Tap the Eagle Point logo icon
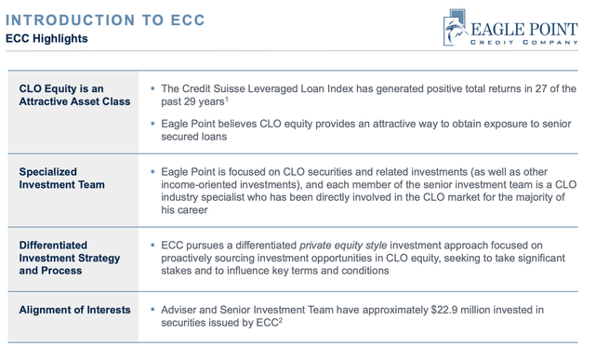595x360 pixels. coord(457,27)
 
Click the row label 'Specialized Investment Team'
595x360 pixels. coord(61,179)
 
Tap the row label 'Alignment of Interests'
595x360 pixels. coord(75,310)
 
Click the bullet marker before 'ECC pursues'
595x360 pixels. coord(152,245)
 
